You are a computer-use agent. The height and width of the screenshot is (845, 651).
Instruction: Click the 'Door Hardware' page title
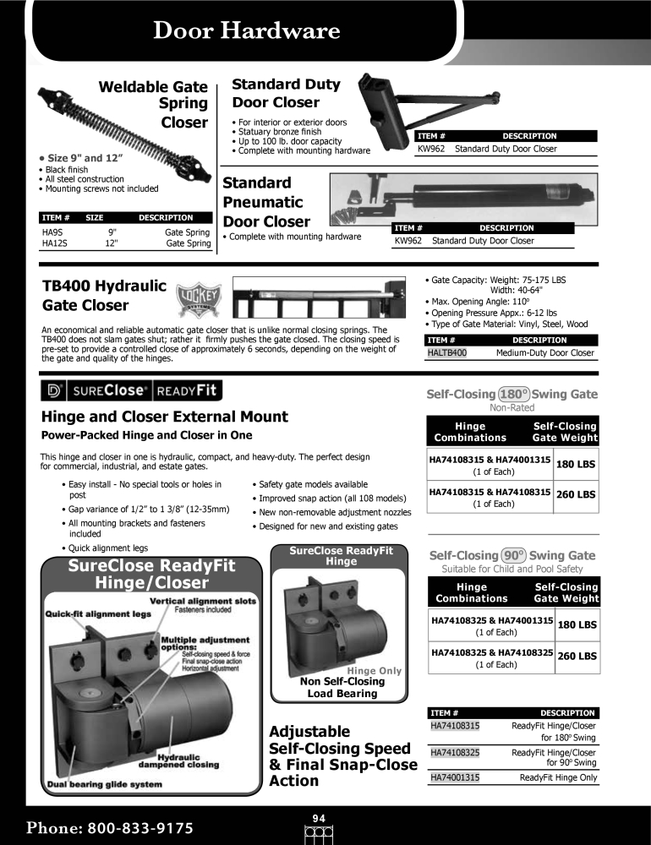246,31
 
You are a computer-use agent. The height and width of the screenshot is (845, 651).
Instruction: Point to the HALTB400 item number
446,352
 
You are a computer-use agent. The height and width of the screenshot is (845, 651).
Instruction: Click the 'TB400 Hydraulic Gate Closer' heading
104,295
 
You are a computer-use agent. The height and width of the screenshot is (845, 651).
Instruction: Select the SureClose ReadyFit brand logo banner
131,390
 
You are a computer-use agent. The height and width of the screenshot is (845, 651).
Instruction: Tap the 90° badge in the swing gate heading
513,555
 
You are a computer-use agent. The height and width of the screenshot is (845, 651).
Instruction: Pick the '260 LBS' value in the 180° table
577,495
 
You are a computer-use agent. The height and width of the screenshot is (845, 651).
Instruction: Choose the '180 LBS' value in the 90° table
577,625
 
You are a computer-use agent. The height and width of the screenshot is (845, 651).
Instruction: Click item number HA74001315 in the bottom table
455,777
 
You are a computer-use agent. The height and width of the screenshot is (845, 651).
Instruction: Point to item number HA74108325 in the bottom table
455,751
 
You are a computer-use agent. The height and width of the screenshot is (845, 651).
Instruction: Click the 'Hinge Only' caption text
375,671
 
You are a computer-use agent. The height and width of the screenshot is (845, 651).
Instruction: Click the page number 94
319,817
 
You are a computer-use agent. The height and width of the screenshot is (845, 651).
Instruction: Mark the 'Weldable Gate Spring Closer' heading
153,104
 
